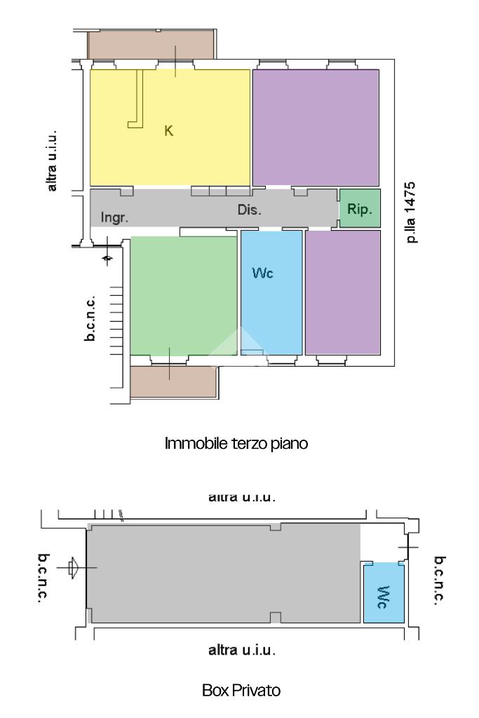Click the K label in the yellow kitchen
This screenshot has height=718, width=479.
[168, 131]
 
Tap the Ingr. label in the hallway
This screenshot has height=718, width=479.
[114, 217]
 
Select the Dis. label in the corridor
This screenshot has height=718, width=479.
[249, 210]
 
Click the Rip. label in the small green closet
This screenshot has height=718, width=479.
[360, 209]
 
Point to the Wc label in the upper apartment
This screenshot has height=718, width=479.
[262, 273]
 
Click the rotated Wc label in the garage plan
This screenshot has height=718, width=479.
[384, 597]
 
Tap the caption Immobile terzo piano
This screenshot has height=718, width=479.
[236, 443]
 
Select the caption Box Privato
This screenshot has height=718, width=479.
[241, 690]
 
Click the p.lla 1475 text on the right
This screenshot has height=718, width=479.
[411, 212]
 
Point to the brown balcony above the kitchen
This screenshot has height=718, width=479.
[151, 45]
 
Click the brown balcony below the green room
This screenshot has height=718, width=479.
[173, 381]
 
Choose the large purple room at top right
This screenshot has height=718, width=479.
[316, 128]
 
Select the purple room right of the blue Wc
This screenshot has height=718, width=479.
[342, 292]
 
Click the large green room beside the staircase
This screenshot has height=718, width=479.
[184, 295]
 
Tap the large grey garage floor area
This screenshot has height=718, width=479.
[224, 574]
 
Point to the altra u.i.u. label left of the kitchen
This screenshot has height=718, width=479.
[52, 161]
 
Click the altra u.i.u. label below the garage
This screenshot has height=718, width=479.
[242, 650]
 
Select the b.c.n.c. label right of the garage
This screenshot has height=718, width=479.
[440, 581]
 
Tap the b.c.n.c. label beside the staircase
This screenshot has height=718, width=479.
[90, 318]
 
